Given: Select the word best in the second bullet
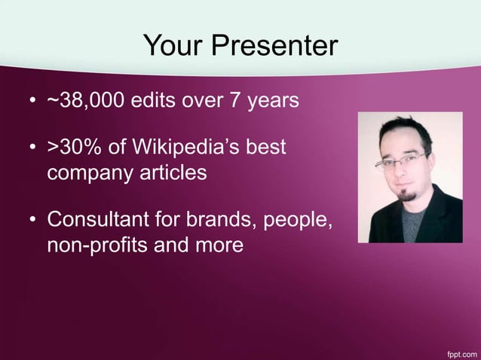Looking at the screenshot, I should coord(265,146).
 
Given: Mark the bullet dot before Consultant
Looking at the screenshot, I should coord(32,221).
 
